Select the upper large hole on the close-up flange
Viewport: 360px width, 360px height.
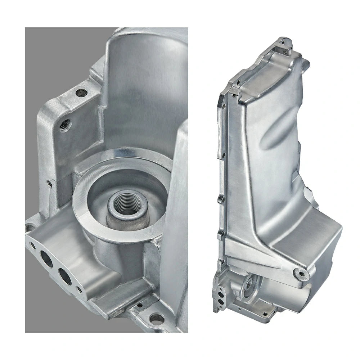[x=46, y=258]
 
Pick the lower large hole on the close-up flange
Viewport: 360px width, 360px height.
[x=65, y=276]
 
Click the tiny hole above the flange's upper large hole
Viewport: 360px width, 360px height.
[x=33, y=246]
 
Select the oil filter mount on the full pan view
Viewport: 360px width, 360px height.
[x=248, y=286]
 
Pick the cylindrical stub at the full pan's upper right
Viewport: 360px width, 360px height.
[x=305, y=64]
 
